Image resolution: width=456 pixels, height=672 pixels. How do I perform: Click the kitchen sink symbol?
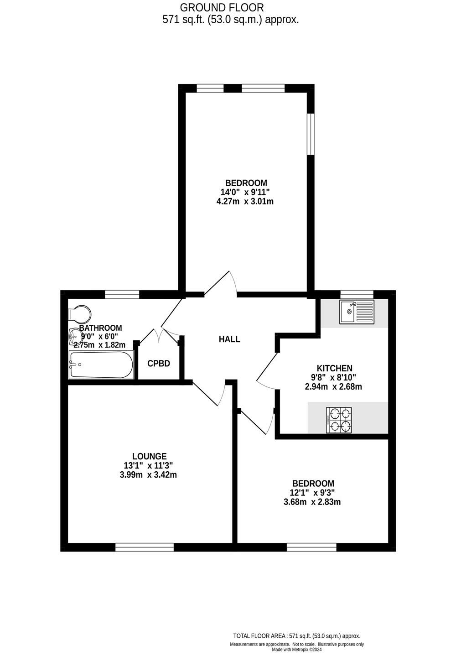(357, 312)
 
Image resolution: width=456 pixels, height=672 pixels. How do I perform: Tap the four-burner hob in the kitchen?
(339, 420)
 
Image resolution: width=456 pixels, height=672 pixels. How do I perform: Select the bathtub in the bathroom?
(101, 365)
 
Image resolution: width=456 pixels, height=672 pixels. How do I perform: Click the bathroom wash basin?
(74, 337)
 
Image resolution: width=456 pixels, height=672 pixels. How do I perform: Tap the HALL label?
(229, 339)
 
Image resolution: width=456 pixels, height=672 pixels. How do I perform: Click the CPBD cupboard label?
(159, 364)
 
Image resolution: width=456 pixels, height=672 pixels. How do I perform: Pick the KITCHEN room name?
(335, 368)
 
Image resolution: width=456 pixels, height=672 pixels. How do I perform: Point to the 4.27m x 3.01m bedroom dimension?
(245, 201)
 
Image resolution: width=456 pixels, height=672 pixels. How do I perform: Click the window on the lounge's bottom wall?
(145, 547)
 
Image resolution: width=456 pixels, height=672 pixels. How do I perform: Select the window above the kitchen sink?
(357, 294)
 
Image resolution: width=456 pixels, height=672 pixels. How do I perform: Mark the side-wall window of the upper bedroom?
(311, 134)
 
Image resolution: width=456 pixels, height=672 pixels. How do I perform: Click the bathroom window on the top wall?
(122, 294)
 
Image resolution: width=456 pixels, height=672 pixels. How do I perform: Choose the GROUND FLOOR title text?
(222, 8)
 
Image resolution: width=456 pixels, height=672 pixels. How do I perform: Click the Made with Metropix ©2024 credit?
(297, 650)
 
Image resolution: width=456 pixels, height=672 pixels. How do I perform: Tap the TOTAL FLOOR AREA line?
(296, 636)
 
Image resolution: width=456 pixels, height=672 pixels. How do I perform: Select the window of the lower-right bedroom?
(311, 547)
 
